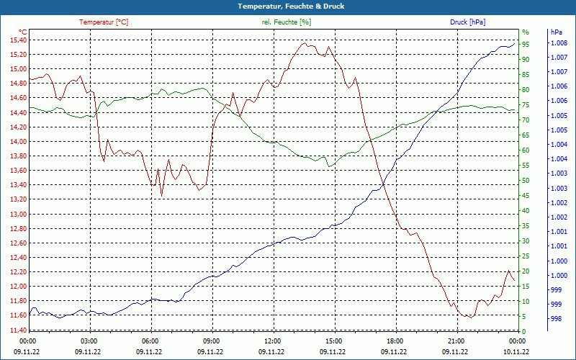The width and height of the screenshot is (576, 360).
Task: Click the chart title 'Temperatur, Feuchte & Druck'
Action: pyautogui.click(x=287, y=6)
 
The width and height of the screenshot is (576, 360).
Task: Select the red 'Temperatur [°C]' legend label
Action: pyautogui.click(x=104, y=22)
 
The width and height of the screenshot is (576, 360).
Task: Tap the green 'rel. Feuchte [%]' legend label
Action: pyautogui.click(x=287, y=22)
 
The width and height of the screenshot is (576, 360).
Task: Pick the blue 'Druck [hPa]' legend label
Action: pyautogui.click(x=467, y=22)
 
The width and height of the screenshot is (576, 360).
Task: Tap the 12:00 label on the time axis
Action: pyautogui.click(x=273, y=341)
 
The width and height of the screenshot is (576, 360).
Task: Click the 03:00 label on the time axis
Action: pyautogui.click(x=89, y=341)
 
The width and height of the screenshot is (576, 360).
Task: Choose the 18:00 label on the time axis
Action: pyautogui.click(x=395, y=341)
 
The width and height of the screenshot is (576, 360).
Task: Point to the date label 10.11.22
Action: pyautogui.click(x=516, y=351)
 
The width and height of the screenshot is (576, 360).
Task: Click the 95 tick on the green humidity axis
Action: pyautogui.click(x=526, y=45)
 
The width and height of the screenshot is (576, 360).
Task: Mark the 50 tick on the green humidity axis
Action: pyautogui.click(x=526, y=181)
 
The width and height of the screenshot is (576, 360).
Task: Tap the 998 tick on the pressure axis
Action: pyautogui.click(x=556, y=318)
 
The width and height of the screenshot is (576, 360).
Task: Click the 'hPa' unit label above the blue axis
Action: pyautogui.click(x=557, y=32)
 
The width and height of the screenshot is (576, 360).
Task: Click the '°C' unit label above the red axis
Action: pyautogui.click(x=23, y=32)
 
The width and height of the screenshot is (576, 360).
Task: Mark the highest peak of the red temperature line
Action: pyautogui.click(x=305, y=43)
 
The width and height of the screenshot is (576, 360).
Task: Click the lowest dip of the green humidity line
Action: pyautogui.click(x=329, y=167)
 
